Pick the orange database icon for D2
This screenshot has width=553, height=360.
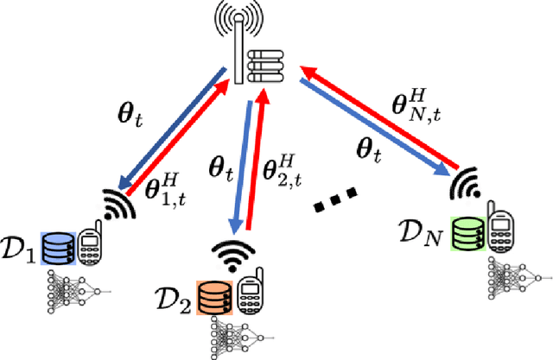(213, 297)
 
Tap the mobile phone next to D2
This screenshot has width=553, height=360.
(247, 296)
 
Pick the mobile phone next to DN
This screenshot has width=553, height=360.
(500, 231)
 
